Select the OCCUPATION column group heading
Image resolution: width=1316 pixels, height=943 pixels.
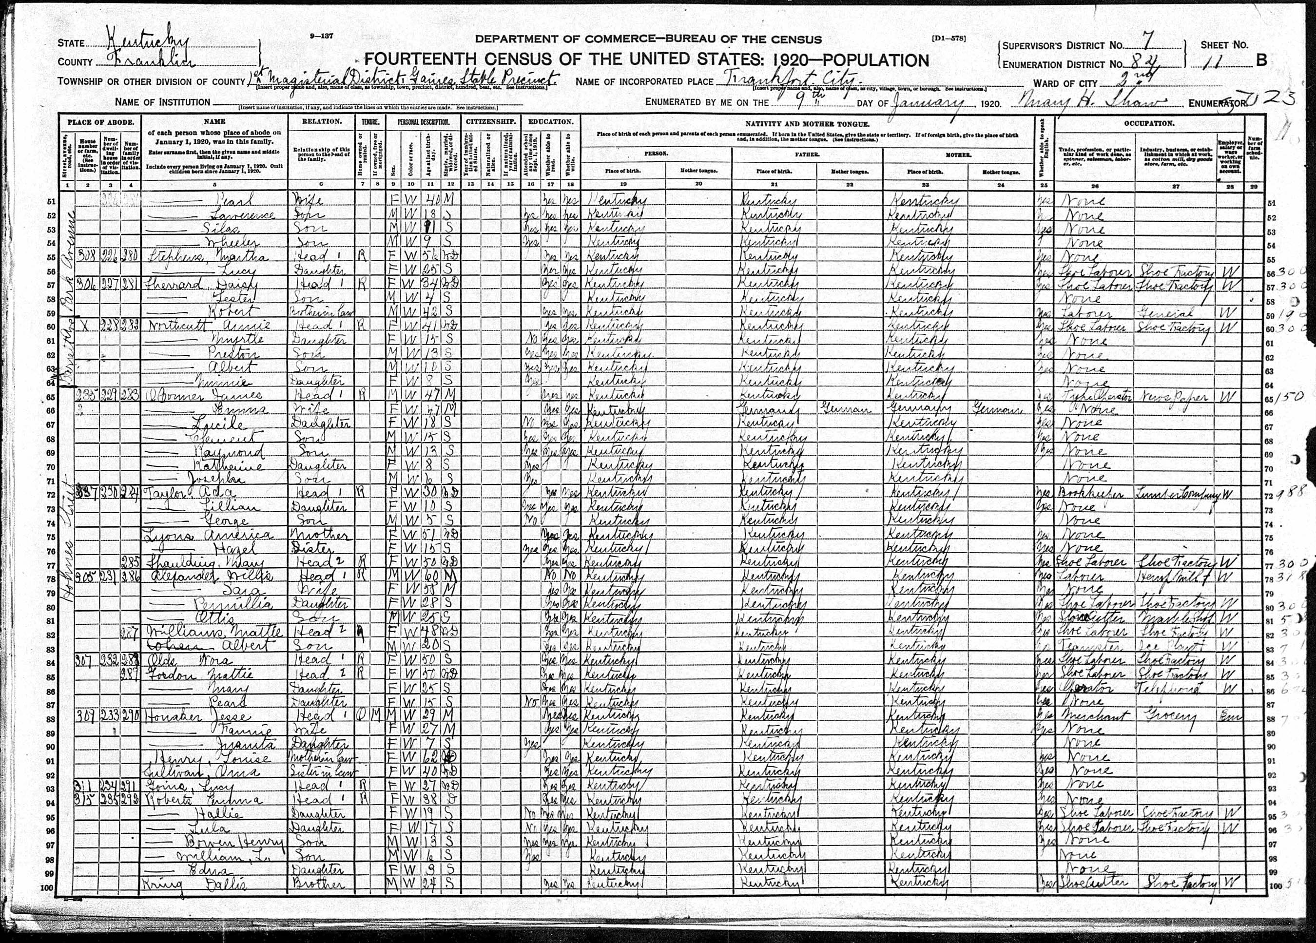coord(1149,124)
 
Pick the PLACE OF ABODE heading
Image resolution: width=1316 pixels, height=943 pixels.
coord(100,122)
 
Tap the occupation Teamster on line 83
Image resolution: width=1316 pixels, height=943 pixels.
coord(1091,646)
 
